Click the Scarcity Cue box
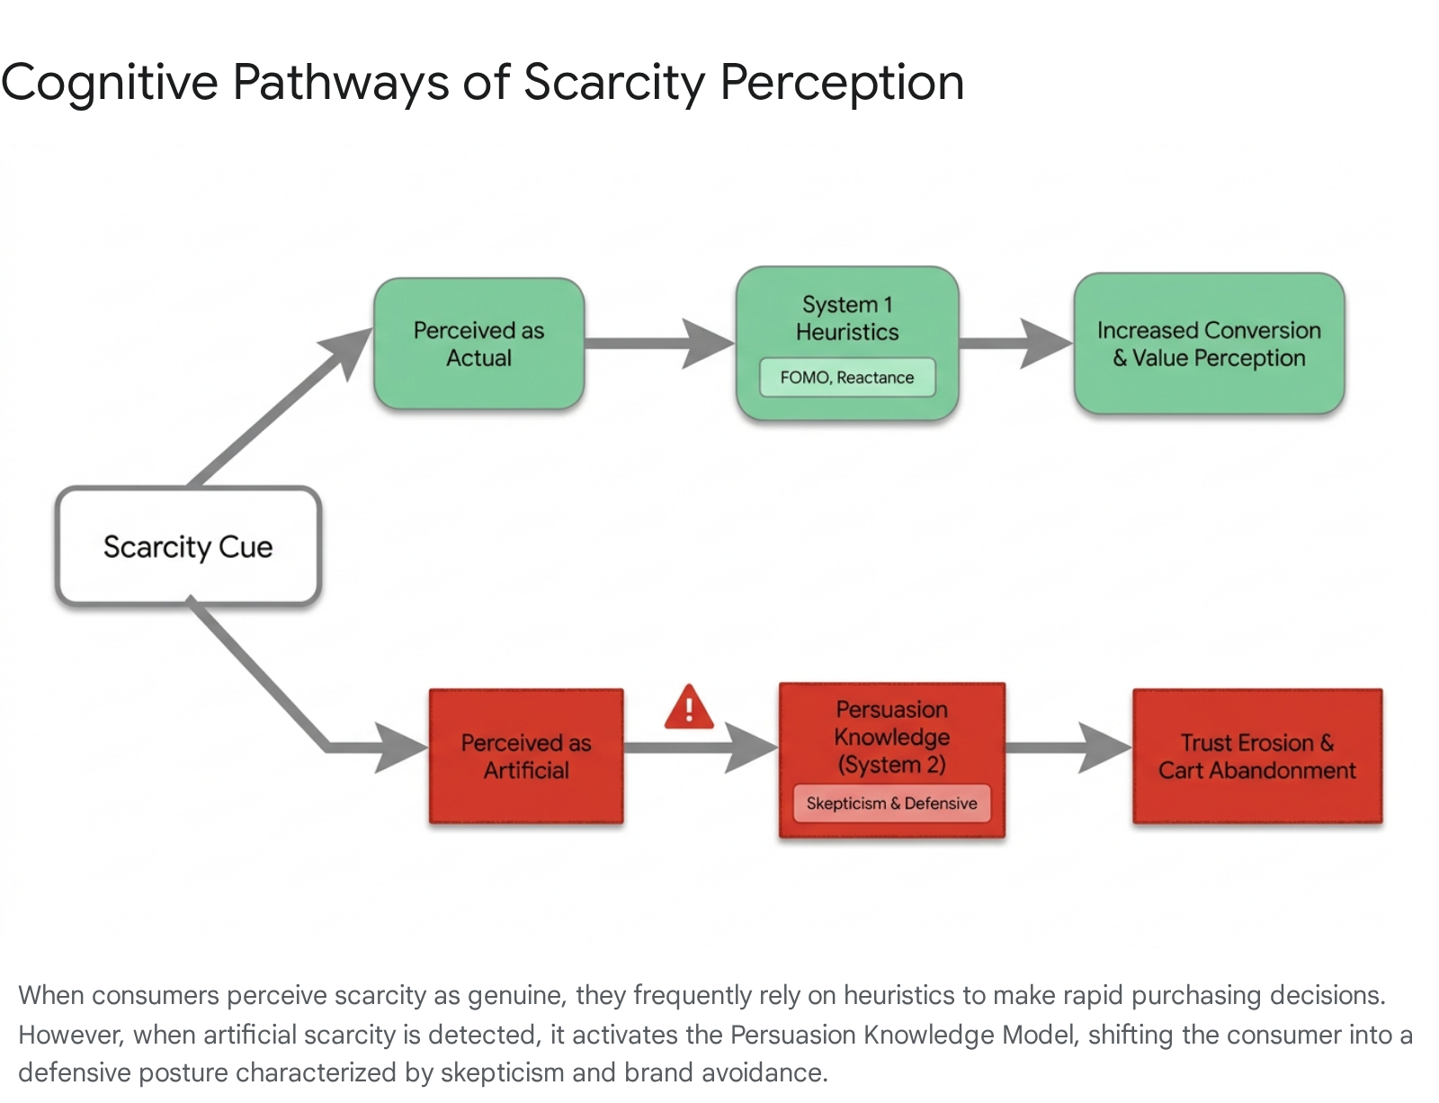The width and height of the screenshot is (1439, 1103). [189, 546]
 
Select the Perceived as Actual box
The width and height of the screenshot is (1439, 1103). [478, 344]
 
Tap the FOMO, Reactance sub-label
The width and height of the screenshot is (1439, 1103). [847, 378]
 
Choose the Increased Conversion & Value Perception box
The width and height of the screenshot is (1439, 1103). [1210, 344]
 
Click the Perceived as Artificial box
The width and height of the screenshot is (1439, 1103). [526, 757]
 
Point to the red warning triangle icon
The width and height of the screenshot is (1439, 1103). [689, 707]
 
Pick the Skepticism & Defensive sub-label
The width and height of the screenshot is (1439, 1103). [891, 803]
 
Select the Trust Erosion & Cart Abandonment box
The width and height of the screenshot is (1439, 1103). [1257, 757]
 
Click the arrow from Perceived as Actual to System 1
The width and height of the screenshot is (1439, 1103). [660, 343]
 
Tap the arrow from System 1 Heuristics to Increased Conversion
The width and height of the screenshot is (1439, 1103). [1016, 343]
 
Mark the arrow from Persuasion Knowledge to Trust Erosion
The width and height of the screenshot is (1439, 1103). [1068, 748]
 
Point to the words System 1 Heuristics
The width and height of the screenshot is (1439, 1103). [847, 318]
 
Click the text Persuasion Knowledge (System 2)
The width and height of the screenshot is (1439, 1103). [891, 737]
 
